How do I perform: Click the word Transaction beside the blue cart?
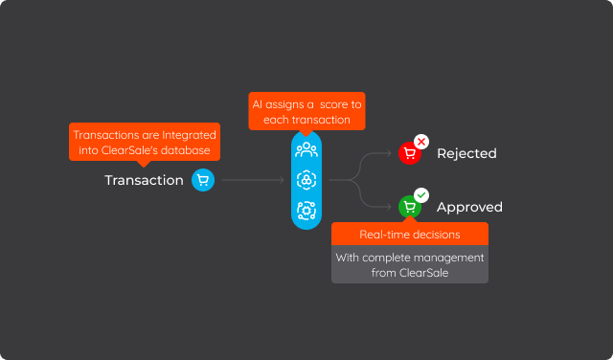[x=144, y=180]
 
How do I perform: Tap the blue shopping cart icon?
[x=202, y=179]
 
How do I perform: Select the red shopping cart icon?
[x=409, y=153]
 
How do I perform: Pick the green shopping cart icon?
[x=409, y=207]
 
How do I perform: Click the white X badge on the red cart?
[x=421, y=142]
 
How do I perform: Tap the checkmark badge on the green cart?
[x=421, y=195]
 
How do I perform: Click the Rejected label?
[x=466, y=153]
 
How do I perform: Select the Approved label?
[x=469, y=207]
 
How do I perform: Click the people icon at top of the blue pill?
[x=306, y=149]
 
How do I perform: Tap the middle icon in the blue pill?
[x=306, y=179]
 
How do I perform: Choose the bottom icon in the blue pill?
[x=306, y=210]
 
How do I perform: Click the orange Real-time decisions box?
[x=409, y=235]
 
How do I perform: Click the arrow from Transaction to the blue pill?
[x=253, y=179]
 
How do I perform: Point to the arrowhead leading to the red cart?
[x=390, y=153]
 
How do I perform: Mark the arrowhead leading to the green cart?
[x=390, y=207]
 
